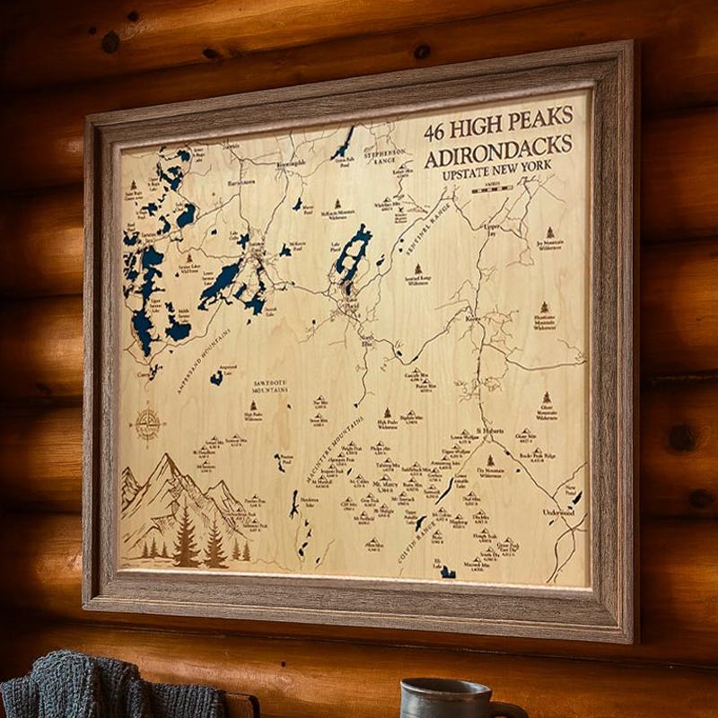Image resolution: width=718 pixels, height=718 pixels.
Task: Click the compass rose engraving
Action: point(147,423)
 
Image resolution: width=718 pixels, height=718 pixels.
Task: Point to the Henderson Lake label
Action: point(310,500)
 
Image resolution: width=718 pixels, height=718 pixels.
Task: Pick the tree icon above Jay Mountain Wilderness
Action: point(547,230)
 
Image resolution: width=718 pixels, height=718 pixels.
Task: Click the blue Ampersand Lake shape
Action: point(216,378)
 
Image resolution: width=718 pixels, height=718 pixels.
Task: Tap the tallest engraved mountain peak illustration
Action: point(170,467)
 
